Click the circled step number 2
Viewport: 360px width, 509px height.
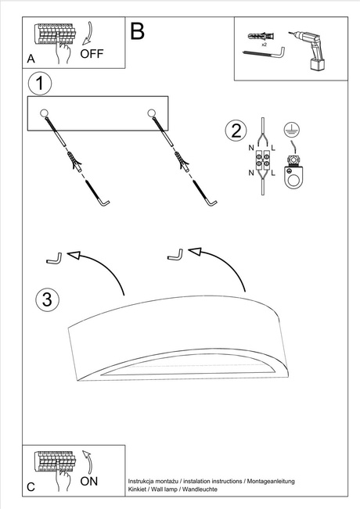(233, 131)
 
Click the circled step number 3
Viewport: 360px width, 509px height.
(46, 299)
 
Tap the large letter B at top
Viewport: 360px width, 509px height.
(138, 31)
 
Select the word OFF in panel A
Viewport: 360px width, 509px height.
(92, 54)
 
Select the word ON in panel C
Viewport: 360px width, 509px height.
(89, 482)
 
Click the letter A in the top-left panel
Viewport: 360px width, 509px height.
(31, 59)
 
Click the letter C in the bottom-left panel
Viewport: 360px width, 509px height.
(31, 486)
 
